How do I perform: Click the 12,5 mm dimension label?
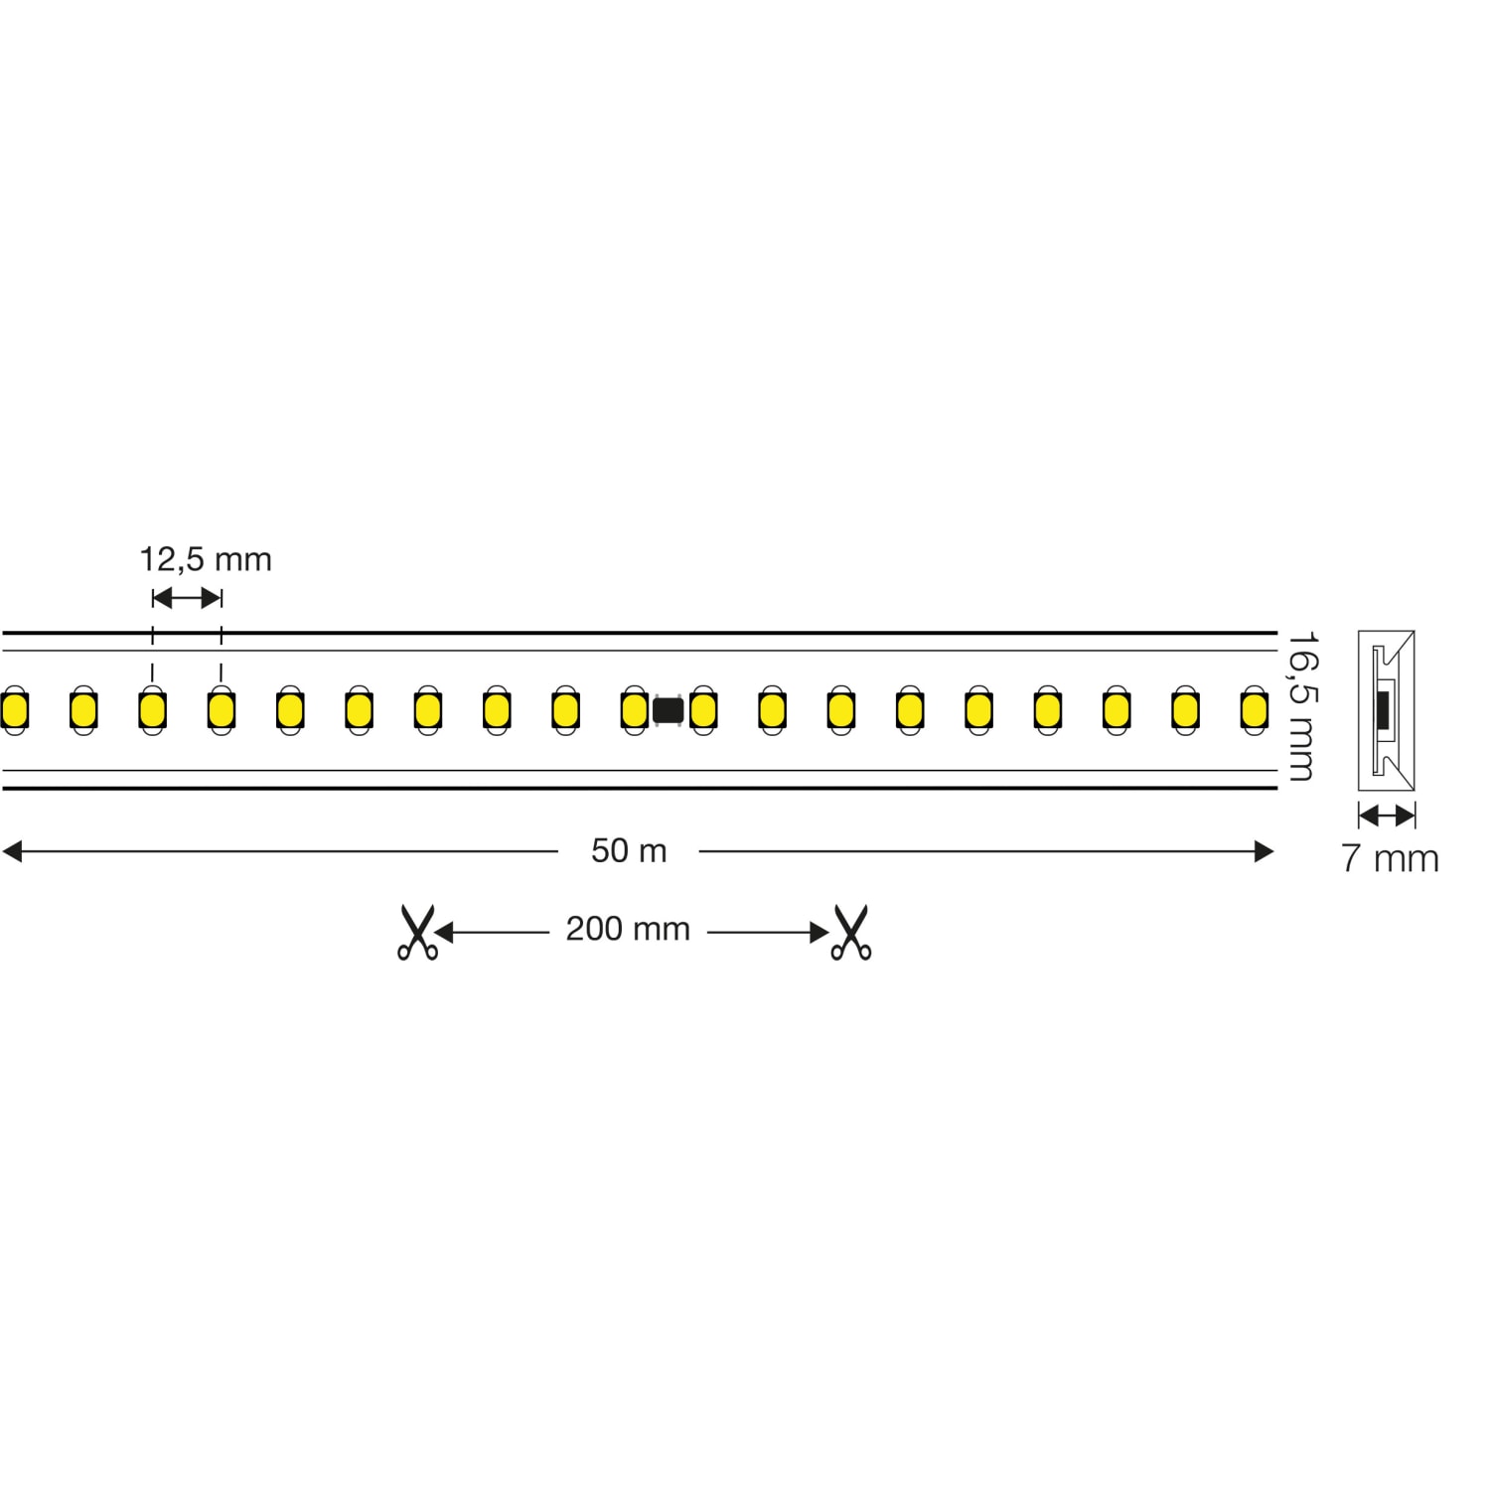point(206,560)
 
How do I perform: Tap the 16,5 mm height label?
point(1302,706)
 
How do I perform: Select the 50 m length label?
point(629,851)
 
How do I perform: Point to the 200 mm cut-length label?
point(628,930)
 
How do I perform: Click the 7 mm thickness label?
point(1390,859)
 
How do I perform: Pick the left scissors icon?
point(417,932)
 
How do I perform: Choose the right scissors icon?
point(850,932)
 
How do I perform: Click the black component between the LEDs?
point(668,711)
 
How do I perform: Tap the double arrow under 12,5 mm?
point(187,598)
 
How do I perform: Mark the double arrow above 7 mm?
point(1387,817)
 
